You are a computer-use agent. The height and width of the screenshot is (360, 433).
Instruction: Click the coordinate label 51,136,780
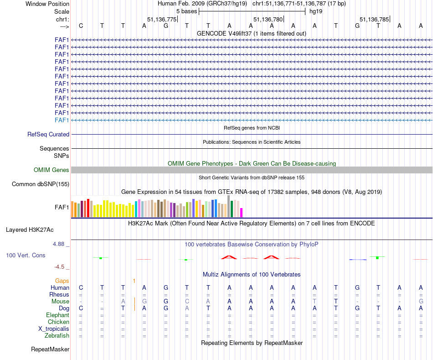point(268,19)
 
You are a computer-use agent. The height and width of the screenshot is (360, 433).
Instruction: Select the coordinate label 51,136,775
point(162,19)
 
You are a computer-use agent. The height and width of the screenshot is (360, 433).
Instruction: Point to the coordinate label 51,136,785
point(374,19)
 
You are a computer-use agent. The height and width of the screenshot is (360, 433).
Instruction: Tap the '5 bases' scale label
point(186,11)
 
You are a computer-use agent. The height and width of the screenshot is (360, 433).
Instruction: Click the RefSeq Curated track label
point(48,135)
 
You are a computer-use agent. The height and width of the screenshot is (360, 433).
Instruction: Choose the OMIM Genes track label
point(52,170)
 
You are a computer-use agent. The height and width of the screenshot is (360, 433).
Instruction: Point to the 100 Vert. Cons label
point(26,256)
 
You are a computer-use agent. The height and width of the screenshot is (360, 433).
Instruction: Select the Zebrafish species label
point(57,336)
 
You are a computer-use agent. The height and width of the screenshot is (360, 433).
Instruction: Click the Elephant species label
point(58,315)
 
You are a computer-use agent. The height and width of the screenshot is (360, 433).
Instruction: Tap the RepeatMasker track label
point(50,350)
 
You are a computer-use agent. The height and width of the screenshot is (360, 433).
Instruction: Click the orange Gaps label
point(62,281)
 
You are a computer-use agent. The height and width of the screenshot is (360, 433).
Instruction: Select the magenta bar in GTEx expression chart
point(242,213)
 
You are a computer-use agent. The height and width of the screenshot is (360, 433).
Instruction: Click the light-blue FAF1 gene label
point(62,120)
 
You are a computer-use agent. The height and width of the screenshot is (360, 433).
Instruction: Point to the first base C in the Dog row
point(81,308)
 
